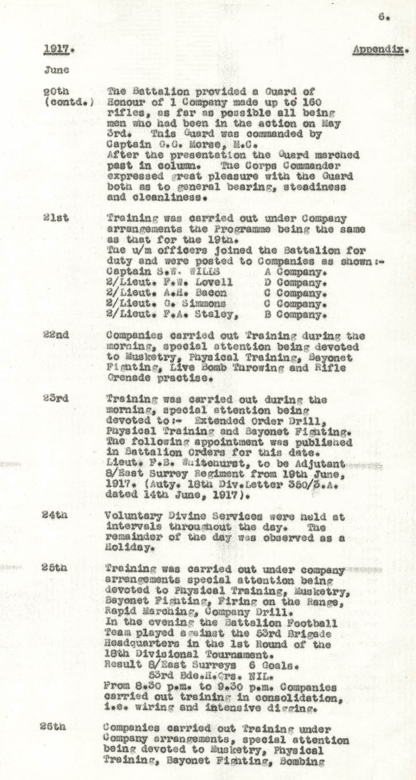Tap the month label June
pyautogui.click(x=56, y=70)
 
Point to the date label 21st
pyautogui.click(x=55, y=218)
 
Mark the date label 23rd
pyautogui.click(x=56, y=400)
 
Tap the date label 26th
pyautogui.click(x=56, y=728)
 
